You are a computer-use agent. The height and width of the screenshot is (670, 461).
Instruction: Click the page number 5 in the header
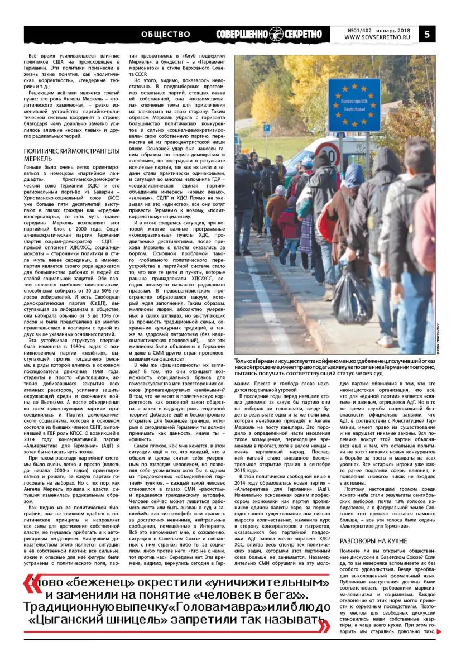(427, 33)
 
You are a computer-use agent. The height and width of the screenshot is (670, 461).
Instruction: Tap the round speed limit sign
(328, 155)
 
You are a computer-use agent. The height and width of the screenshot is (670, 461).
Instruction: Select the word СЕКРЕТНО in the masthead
(301, 34)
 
